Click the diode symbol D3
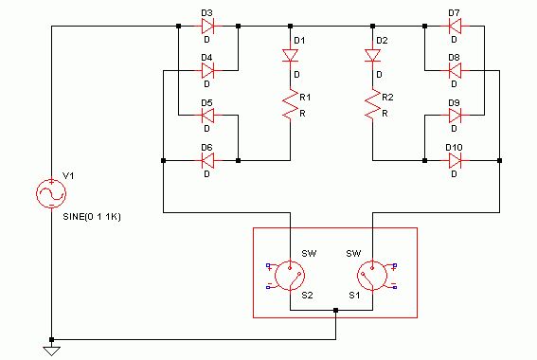point(207,26)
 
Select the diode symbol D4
point(207,70)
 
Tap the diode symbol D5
point(207,115)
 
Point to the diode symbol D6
point(207,160)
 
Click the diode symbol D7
point(455,26)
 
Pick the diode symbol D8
point(455,70)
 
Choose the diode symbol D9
point(455,115)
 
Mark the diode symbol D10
point(455,160)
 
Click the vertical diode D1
point(290,56)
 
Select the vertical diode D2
point(372,56)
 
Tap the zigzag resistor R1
point(290,104)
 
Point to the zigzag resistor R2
point(372,104)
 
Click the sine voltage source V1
point(51,193)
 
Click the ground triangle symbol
point(51,351)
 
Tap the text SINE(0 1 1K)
point(92,217)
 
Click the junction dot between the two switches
point(335,311)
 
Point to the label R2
point(387,98)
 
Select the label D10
point(454,148)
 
